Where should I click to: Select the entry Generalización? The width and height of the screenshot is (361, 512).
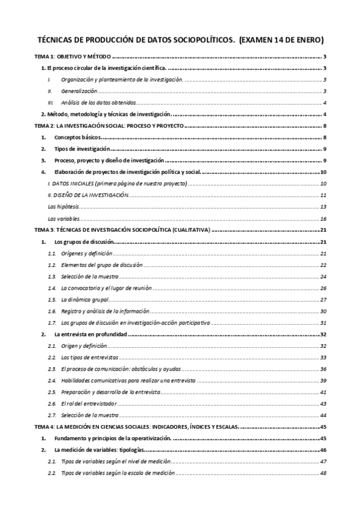[x=80, y=91]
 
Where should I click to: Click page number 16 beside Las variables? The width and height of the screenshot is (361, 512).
[x=323, y=218]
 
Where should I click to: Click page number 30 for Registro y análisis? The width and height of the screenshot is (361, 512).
[x=323, y=311]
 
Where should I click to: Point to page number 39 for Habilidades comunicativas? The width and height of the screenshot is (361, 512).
[x=323, y=380]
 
